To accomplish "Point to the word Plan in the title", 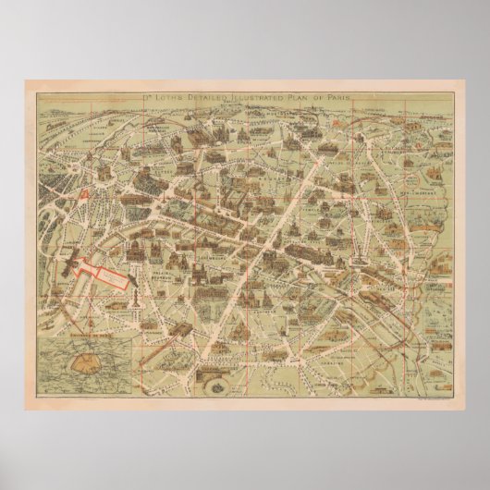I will [x=301, y=97].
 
